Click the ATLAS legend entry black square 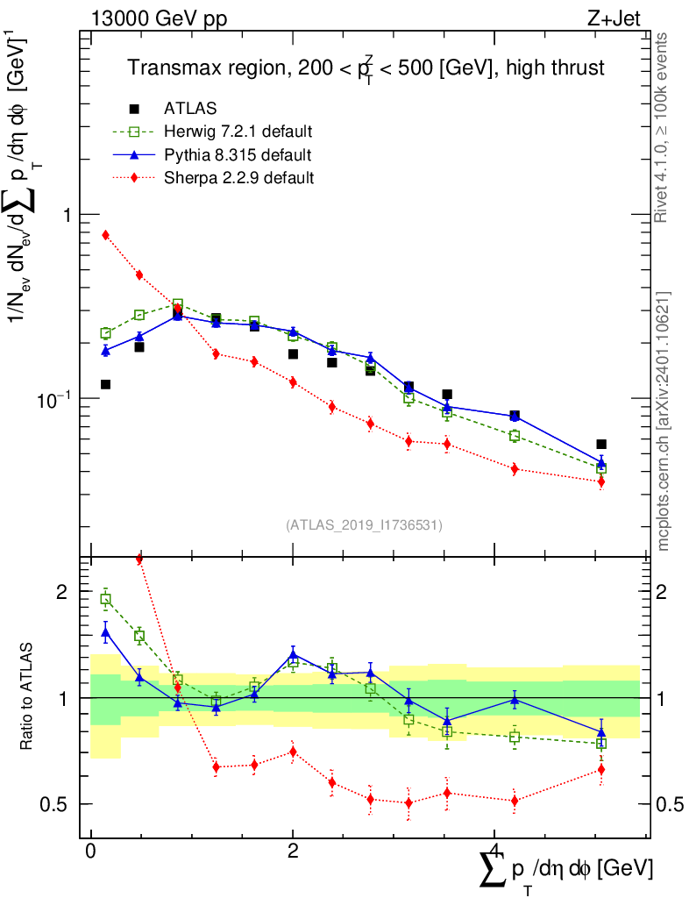tap(134, 109)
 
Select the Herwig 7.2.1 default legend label tap(238, 132)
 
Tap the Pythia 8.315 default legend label tap(237, 155)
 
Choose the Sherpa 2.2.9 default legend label tap(238, 178)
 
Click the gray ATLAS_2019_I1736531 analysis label tap(364, 525)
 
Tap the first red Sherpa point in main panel tap(105, 235)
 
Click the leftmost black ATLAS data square tap(105, 384)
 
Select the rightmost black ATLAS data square tap(601, 445)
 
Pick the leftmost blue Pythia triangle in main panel tap(105, 351)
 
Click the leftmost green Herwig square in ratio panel tap(105, 600)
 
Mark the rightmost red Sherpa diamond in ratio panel tap(601, 769)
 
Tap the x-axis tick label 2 tap(293, 852)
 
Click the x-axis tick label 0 tap(91, 852)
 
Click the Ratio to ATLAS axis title tap(28, 697)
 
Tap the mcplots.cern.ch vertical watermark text tap(664, 421)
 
